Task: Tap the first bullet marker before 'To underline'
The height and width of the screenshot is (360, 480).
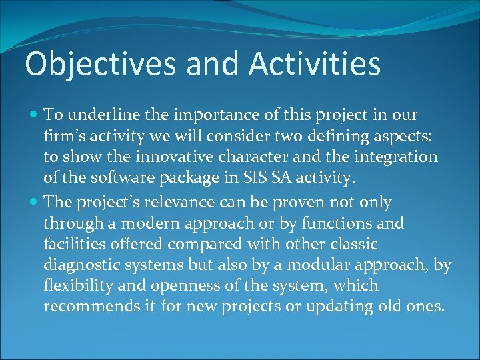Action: click(x=34, y=115)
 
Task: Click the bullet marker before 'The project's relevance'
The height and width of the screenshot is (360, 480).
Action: click(x=34, y=202)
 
